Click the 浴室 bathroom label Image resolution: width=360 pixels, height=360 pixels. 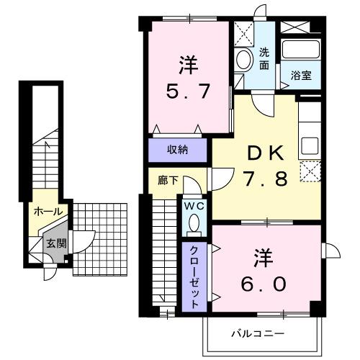point(301,76)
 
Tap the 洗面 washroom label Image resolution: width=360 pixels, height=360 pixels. point(264,58)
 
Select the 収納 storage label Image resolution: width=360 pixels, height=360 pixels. point(178,150)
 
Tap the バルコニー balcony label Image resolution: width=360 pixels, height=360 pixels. point(258,334)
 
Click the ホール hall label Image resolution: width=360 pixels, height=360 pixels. point(48,212)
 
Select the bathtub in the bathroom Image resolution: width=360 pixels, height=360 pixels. point(301,50)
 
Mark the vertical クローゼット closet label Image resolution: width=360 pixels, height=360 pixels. point(194,274)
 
